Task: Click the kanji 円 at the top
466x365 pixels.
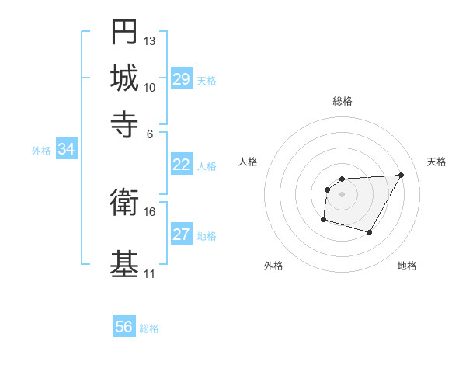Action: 124,33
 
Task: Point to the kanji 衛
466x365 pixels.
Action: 124,203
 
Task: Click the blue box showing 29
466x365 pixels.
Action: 181,79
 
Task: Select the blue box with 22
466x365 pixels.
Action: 181,165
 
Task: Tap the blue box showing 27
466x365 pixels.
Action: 181,235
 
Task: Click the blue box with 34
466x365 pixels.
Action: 66,150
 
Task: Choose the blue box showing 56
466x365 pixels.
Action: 124,327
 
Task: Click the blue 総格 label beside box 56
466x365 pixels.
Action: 149,328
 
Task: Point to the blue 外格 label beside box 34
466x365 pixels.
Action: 41,151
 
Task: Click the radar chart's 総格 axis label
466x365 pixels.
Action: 343,101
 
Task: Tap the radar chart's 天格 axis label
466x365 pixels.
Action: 436,162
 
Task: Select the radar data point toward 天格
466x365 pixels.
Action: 401,175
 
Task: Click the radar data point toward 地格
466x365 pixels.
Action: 370,233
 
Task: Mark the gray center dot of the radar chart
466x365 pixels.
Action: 342,194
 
